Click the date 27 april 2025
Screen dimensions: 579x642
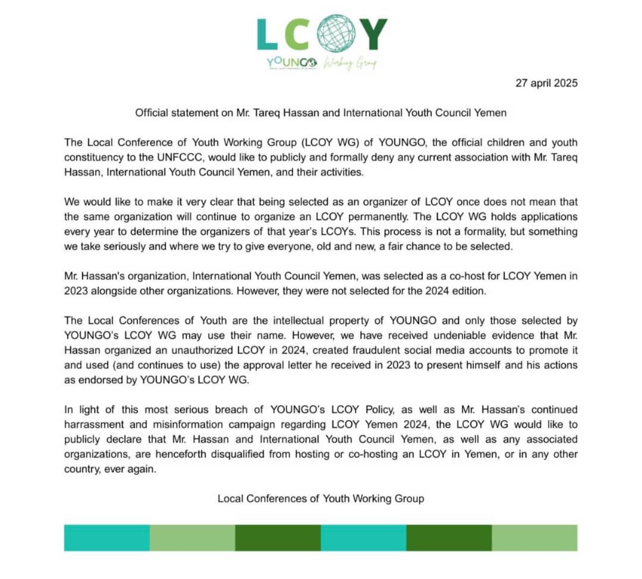[546, 83]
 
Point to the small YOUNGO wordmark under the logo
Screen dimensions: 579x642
[292, 63]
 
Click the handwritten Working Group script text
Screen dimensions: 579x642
[350, 64]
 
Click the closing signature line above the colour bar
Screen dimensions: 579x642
[320, 498]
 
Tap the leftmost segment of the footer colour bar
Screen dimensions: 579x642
[107, 537]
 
